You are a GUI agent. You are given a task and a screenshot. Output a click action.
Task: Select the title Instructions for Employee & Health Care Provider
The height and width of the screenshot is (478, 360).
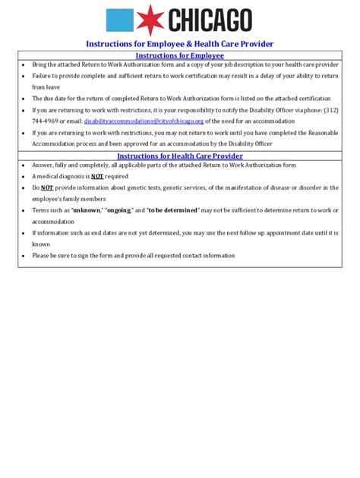[x=179, y=44]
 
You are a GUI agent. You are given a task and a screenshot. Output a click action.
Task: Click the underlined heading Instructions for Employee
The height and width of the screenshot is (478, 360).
[x=179, y=55]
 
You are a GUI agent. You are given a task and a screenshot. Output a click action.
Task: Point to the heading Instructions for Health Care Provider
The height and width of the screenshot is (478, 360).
[x=179, y=156]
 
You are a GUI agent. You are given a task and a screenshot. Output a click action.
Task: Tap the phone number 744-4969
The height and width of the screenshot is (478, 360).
[x=45, y=121]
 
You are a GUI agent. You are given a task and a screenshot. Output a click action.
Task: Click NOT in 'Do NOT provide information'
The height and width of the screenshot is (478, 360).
[x=46, y=187]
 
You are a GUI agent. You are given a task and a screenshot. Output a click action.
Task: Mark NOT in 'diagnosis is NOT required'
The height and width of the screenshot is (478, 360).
[x=97, y=176]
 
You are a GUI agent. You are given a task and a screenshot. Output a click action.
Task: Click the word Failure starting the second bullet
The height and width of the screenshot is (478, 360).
[x=43, y=76]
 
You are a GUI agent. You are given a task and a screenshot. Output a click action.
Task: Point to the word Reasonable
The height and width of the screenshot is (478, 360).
[x=323, y=132]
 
